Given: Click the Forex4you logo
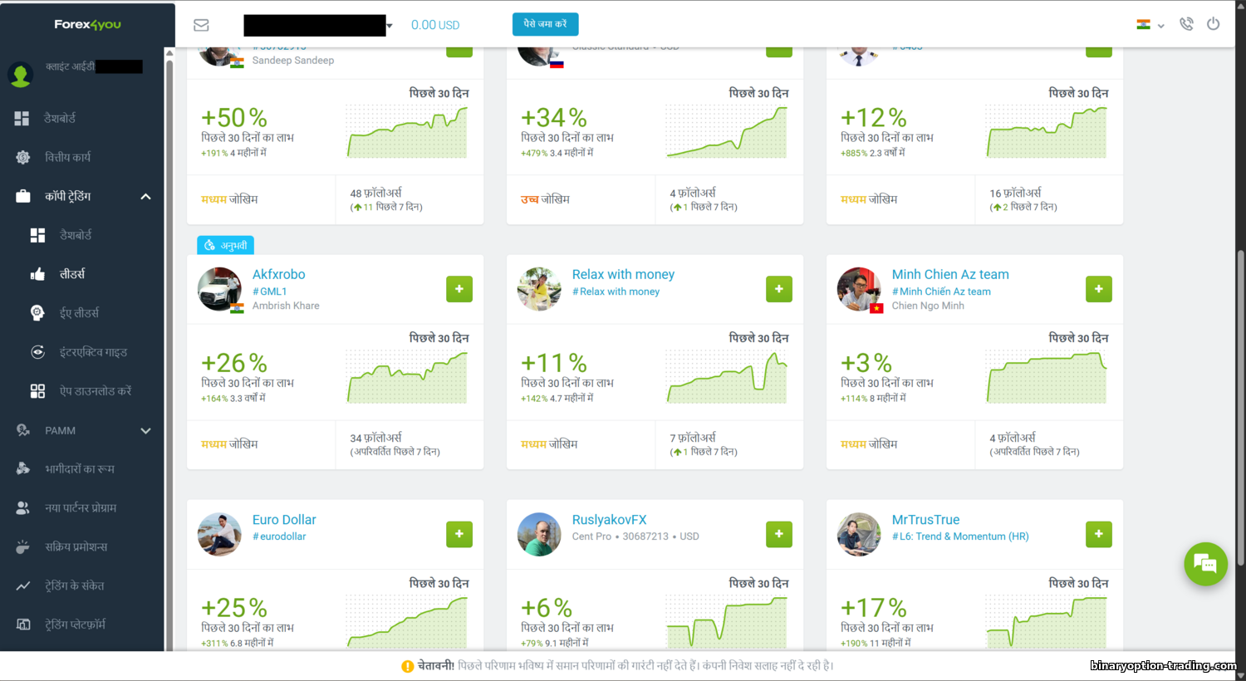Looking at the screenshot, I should click(x=87, y=25).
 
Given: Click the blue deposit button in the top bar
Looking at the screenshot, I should click(x=545, y=24).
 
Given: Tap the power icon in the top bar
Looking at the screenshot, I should click(x=1213, y=24).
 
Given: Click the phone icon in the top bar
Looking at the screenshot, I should click(x=1186, y=24).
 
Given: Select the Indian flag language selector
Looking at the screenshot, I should click(x=1150, y=25).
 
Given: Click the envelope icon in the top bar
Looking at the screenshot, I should click(x=201, y=25).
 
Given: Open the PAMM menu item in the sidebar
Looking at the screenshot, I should click(x=60, y=430).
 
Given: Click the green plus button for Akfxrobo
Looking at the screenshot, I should click(x=459, y=289).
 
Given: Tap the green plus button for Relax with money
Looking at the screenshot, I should click(x=779, y=289).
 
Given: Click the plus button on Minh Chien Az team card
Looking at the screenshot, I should click(x=1099, y=289).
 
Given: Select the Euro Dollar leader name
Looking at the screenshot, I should click(x=284, y=520).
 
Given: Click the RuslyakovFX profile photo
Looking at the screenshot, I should click(x=539, y=534).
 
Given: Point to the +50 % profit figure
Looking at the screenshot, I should click(x=234, y=118).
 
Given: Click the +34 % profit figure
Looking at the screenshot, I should click(x=554, y=118).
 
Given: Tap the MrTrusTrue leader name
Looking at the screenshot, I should click(x=925, y=520).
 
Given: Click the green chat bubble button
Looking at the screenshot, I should click(x=1205, y=564).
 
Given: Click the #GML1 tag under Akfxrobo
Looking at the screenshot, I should click(x=270, y=292).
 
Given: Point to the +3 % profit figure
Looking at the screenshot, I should click(x=866, y=363).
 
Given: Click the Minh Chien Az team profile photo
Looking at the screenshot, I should click(x=859, y=289).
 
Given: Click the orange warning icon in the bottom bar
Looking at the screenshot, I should click(x=407, y=666).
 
